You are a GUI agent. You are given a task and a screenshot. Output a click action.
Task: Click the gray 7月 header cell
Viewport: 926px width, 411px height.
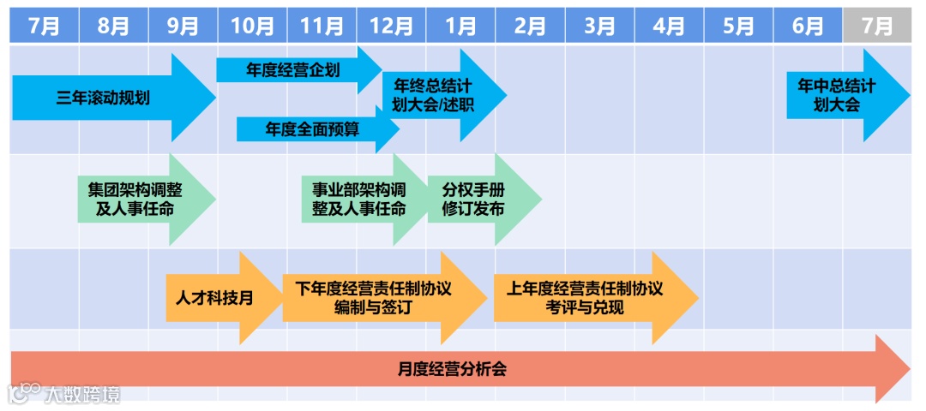[876, 26]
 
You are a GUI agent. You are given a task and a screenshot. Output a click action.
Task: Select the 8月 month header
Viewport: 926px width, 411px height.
[113, 26]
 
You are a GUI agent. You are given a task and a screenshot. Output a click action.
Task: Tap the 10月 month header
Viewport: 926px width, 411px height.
[252, 26]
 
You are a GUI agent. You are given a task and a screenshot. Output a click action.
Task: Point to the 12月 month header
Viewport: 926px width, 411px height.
[391, 26]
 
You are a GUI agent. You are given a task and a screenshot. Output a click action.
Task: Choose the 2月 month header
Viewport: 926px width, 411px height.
[530, 26]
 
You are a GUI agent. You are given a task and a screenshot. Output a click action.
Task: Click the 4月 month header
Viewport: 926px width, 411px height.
[669, 26]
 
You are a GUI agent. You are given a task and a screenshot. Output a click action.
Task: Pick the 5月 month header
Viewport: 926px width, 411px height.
[738, 26]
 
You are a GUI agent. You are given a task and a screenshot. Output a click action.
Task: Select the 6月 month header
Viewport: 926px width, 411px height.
[808, 26]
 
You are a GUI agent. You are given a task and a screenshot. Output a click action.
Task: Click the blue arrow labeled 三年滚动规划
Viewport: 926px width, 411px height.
[103, 98]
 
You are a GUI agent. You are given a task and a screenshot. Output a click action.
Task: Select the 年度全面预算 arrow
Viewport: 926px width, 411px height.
[313, 129]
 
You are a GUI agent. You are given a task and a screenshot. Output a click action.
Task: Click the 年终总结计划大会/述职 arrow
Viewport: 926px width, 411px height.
[437, 95]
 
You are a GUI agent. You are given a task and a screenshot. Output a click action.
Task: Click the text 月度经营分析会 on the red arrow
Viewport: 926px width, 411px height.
[452, 370]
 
